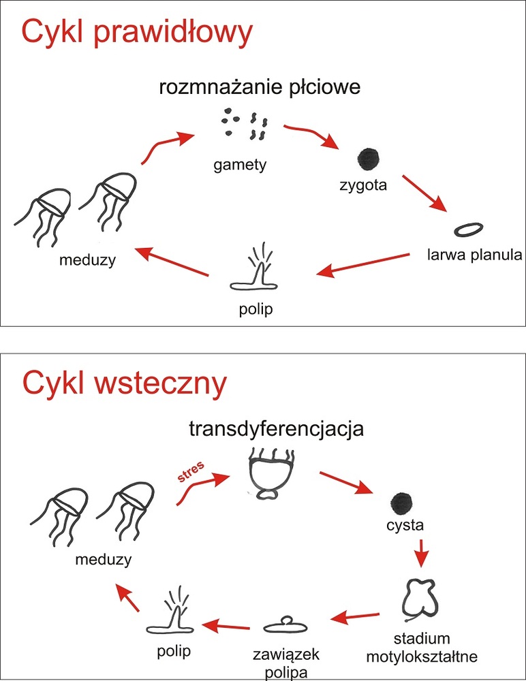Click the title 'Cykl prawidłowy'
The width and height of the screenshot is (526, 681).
coord(137,32)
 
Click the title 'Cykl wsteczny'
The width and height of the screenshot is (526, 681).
coord(123,384)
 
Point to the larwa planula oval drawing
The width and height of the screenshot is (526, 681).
coord(470,230)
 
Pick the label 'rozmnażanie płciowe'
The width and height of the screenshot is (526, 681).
coord(260,88)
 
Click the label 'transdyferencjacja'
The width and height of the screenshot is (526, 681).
coord(276,430)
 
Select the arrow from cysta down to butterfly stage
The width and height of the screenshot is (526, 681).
coord(422,552)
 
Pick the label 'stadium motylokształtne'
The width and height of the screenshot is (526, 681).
coord(422,648)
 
